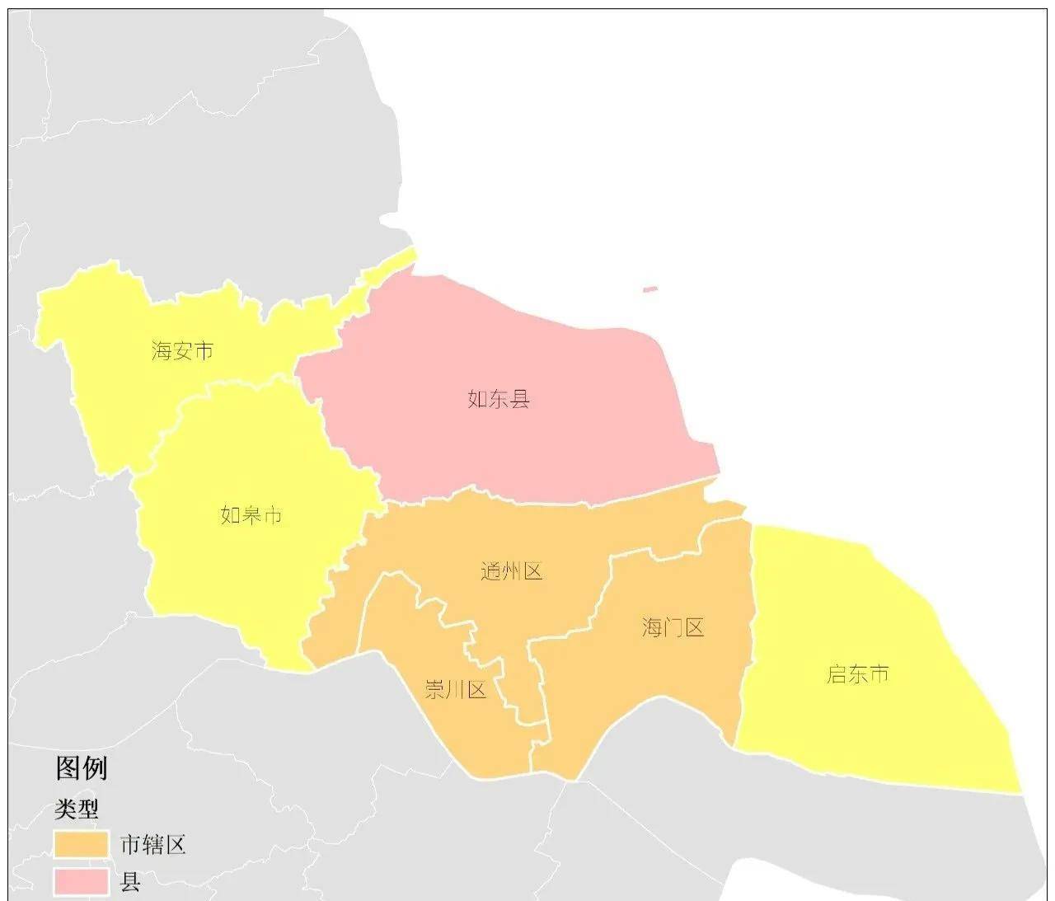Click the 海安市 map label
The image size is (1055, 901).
[x=183, y=351]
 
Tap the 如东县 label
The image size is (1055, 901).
[x=499, y=400]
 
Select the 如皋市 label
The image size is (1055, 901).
[x=251, y=515]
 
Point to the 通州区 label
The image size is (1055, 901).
[x=512, y=571]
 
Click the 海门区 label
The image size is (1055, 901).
[x=673, y=628]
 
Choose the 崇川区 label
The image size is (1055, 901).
[x=456, y=689]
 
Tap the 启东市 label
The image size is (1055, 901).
[x=858, y=674]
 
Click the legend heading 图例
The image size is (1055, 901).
[x=81, y=768]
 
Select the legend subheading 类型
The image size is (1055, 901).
[x=77, y=809]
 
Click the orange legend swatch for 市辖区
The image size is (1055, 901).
[x=82, y=844]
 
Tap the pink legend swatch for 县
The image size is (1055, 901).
[x=82, y=881]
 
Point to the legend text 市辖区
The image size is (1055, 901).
[x=153, y=845]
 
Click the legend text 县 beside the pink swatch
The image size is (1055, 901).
[x=130, y=882]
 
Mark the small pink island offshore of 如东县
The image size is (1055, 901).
[x=650, y=289]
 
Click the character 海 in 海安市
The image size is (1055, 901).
[x=162, y=351]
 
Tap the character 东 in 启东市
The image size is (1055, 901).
[x=858, y=674]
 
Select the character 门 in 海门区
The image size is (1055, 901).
[x=673, y=628]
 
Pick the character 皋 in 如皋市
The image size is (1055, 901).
[x=251, y=515]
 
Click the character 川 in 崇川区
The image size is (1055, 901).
[x=456, y=689]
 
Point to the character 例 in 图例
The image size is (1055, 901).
[x=95, y=768]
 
